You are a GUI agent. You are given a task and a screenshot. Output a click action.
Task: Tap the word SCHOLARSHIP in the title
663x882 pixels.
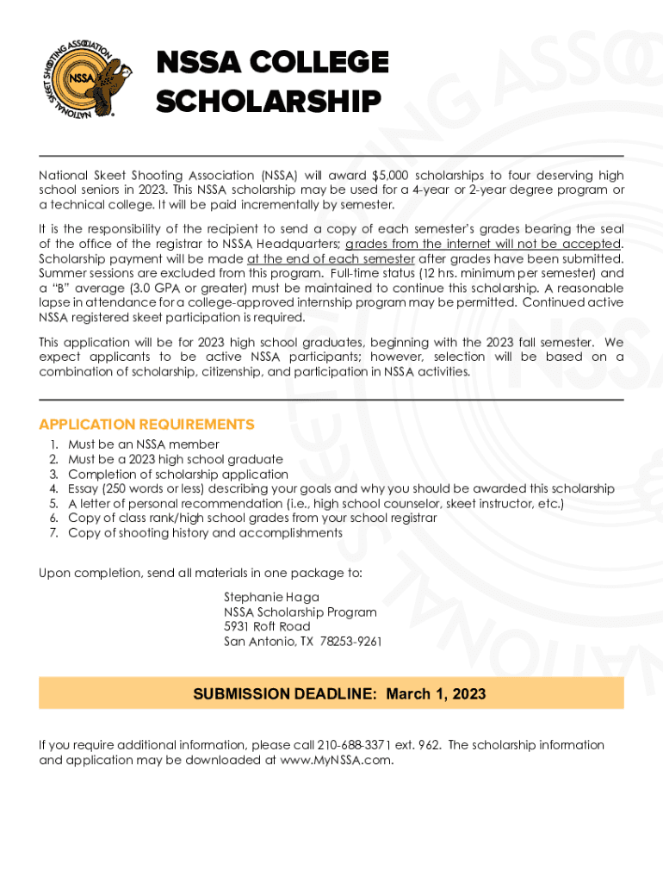tap(268, 102)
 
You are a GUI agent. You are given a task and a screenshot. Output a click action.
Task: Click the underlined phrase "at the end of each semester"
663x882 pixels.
tap(331, 258)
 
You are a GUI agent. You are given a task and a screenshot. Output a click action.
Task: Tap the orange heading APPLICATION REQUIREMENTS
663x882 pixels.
tap(146, 425)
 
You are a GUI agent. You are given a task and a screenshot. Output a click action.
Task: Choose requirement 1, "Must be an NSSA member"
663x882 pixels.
tap(144, 444)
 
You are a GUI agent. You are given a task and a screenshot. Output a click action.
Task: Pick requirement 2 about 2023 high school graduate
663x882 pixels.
tap(176, 459)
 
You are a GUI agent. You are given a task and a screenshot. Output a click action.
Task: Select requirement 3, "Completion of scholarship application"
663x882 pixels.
tap(178, 474)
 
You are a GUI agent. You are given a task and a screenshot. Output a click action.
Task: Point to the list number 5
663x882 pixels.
tap(53, 503)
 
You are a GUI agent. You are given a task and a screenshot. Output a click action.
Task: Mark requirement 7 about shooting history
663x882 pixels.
tap(205, 532)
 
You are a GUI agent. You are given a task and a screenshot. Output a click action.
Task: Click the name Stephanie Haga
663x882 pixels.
tap(271, 597)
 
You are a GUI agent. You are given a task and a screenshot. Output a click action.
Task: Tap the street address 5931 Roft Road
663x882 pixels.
tap(267, 626)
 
